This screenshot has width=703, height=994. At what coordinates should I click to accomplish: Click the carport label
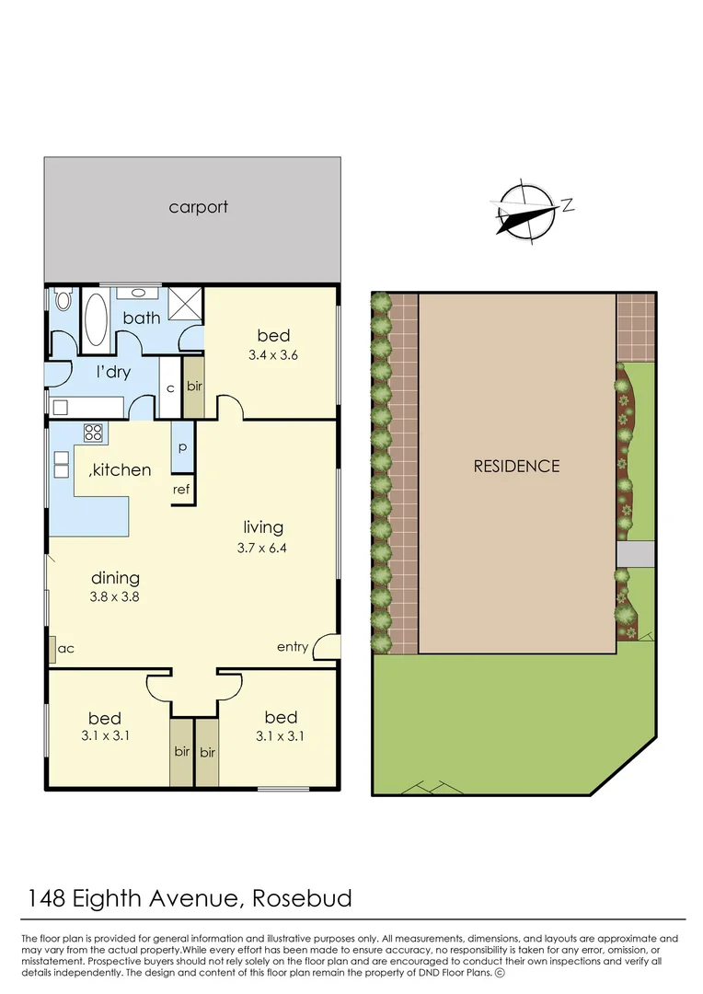[198, 207]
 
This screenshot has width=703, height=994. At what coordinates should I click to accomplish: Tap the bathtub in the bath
[95, 319]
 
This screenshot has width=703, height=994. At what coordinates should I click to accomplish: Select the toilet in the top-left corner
[63, 301]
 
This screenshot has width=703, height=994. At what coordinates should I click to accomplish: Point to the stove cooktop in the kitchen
[94, 432]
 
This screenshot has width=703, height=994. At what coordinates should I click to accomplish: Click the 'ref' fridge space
[181, 490]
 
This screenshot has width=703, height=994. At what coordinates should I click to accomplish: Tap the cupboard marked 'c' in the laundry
[170, 388]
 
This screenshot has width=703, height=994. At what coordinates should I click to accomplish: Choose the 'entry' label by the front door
[293, 647]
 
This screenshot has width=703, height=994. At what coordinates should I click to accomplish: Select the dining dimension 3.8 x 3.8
[115, 596]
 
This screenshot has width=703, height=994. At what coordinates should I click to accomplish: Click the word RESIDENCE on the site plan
[516, 466]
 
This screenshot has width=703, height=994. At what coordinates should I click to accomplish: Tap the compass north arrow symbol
[527, 213]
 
